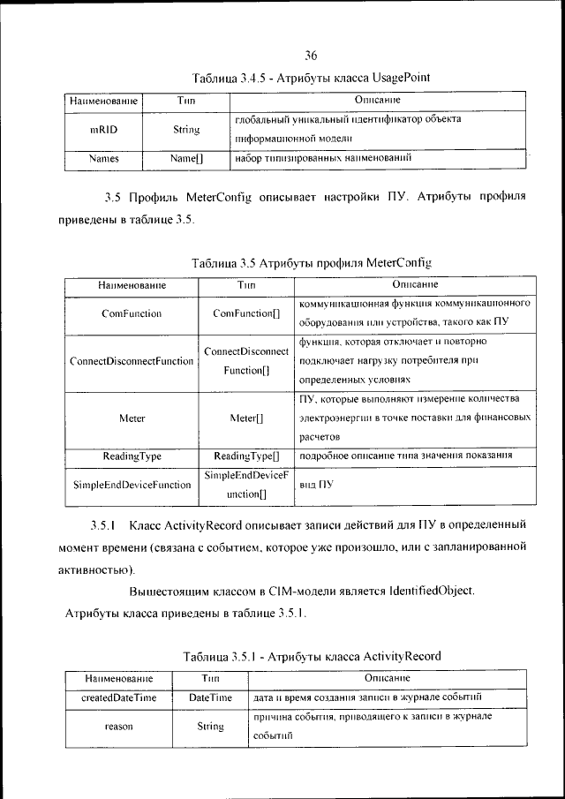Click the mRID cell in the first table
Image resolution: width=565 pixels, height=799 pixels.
tap(104, 129)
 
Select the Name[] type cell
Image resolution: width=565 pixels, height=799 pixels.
tap(185, 160)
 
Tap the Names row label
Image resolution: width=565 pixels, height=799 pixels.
tap(104, 160)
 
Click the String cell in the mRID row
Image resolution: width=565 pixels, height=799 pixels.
tap(185, 129)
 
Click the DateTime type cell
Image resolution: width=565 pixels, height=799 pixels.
tap(210, 697)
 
